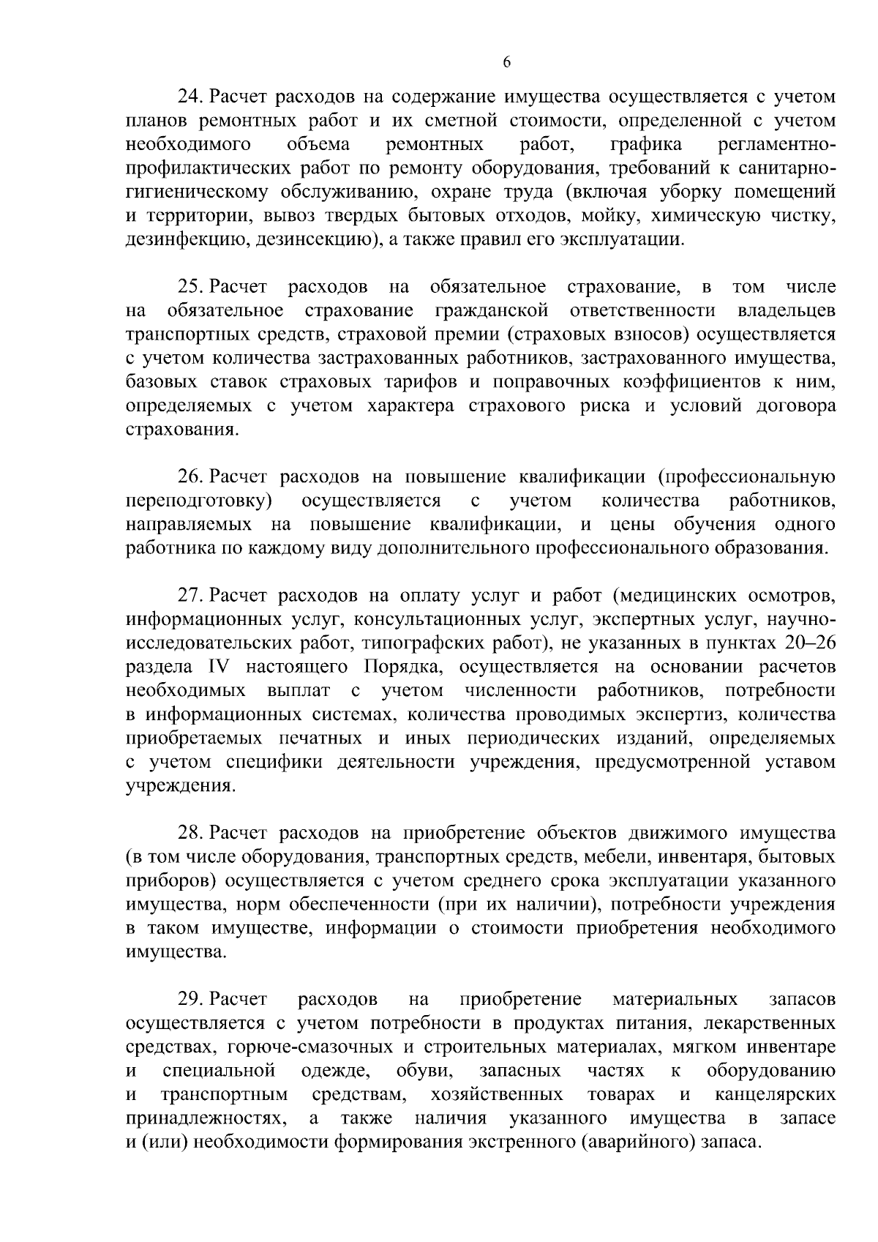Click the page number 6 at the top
(506, 63)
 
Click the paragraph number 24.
(192, 96)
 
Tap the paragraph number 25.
(192, 286)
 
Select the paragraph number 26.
(192, 477)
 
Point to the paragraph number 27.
(192, 595)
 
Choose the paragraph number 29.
(192, 1000)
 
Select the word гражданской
(492, 310)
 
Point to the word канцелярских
(775, 1095)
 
